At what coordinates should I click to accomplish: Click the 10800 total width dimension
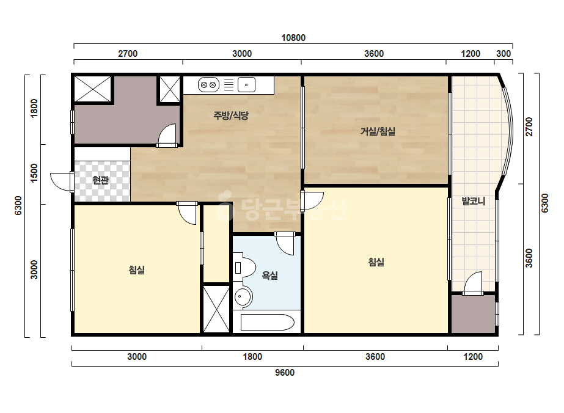[x=293, y=38]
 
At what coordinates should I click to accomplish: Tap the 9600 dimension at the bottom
[x=285, y=372]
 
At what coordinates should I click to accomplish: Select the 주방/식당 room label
[x=231, y=115]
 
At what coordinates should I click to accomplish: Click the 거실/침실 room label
[x=378, y=131]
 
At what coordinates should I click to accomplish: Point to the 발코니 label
[x=474, y=201]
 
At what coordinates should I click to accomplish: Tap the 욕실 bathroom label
[x=269, y=276]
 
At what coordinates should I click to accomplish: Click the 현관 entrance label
[x=101, y=180]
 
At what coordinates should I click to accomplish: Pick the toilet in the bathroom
[x=244, y=268]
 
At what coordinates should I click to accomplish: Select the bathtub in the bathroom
[x=267, y=323]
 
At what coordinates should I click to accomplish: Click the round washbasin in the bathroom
[x=243, y=297]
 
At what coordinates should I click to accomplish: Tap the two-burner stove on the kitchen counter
[x=208, y=86]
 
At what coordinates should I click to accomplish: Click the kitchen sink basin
[x=246, y=86]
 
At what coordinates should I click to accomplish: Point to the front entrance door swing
[x=62, y=182]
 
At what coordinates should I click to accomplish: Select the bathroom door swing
[x=285, y=244]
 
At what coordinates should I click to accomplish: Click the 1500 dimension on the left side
[x=34, y=173]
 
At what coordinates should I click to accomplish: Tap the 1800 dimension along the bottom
[x=252, y=357]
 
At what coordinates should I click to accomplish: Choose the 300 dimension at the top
[x=504, y=54]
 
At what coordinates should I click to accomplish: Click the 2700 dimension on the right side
[x=529, y=126]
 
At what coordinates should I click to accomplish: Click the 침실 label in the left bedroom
[x=137, y=270]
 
